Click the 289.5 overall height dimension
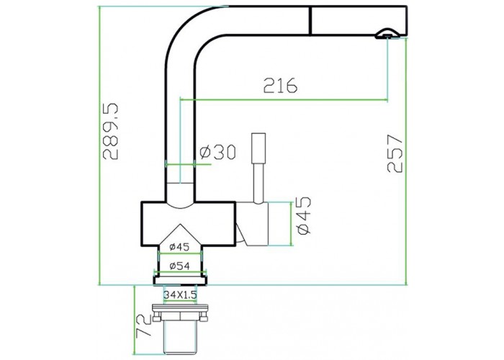[111, 132]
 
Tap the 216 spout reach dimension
[280, 86]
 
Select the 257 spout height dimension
[395, 153]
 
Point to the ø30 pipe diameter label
[217, 152]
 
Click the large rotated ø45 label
[304, 215]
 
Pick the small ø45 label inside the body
[179, 247]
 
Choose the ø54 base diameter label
[179, 266]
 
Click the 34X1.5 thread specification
[180, 294]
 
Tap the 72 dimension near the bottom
[144, 325]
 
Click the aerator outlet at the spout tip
[387, 34]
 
